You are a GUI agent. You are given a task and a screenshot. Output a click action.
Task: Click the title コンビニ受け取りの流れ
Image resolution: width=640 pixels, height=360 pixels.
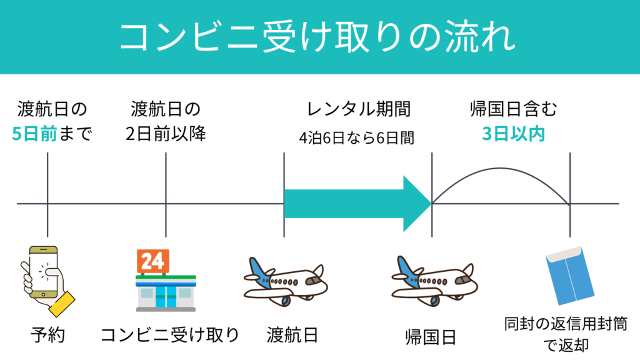click(x=319, y=37)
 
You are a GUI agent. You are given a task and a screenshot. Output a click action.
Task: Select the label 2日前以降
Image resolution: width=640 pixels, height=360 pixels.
click(x=166, y=134)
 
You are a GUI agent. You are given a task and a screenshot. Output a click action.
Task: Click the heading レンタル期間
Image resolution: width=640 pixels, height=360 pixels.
click(x=358, y=109)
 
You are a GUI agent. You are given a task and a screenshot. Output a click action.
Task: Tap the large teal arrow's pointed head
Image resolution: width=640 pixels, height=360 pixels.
click(x=417, y=203)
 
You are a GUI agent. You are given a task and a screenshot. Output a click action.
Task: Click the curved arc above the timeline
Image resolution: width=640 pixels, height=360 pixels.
click(x=500, y=169)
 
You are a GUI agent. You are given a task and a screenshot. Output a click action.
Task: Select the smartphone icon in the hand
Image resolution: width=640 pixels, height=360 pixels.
click(x=42, y=272)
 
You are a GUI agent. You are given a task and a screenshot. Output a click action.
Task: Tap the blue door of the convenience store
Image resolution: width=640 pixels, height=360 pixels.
click(x=166, y=297)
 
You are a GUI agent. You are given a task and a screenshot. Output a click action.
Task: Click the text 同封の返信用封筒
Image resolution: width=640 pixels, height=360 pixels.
click(x=566, y=324)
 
